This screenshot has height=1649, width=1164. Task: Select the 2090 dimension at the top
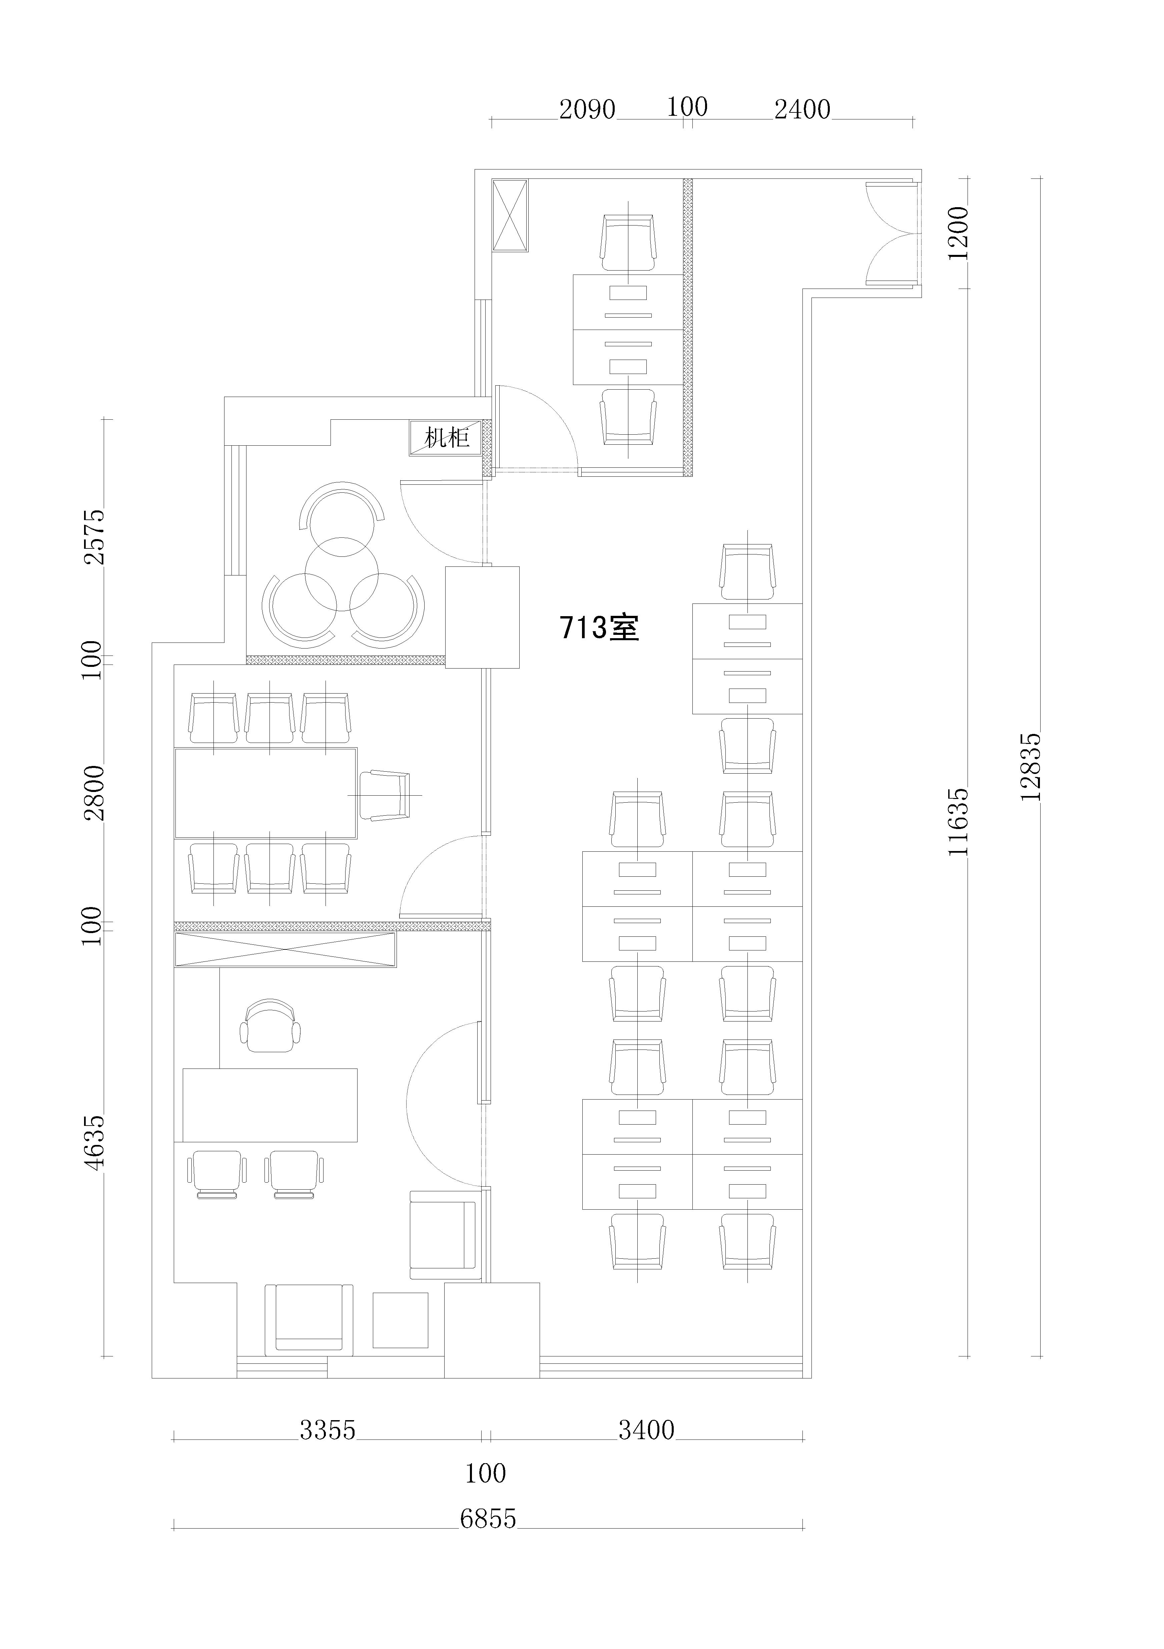click(x=587, y=109)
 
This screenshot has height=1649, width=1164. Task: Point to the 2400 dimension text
click(x=802, y=109)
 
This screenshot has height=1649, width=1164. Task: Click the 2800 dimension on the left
click(x=94, y=793)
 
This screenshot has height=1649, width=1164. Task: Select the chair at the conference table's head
click(x=385, y=795)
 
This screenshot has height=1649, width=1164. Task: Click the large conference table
click(x=266, y=793)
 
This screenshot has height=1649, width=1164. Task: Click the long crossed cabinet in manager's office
click(x=285, y=949)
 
